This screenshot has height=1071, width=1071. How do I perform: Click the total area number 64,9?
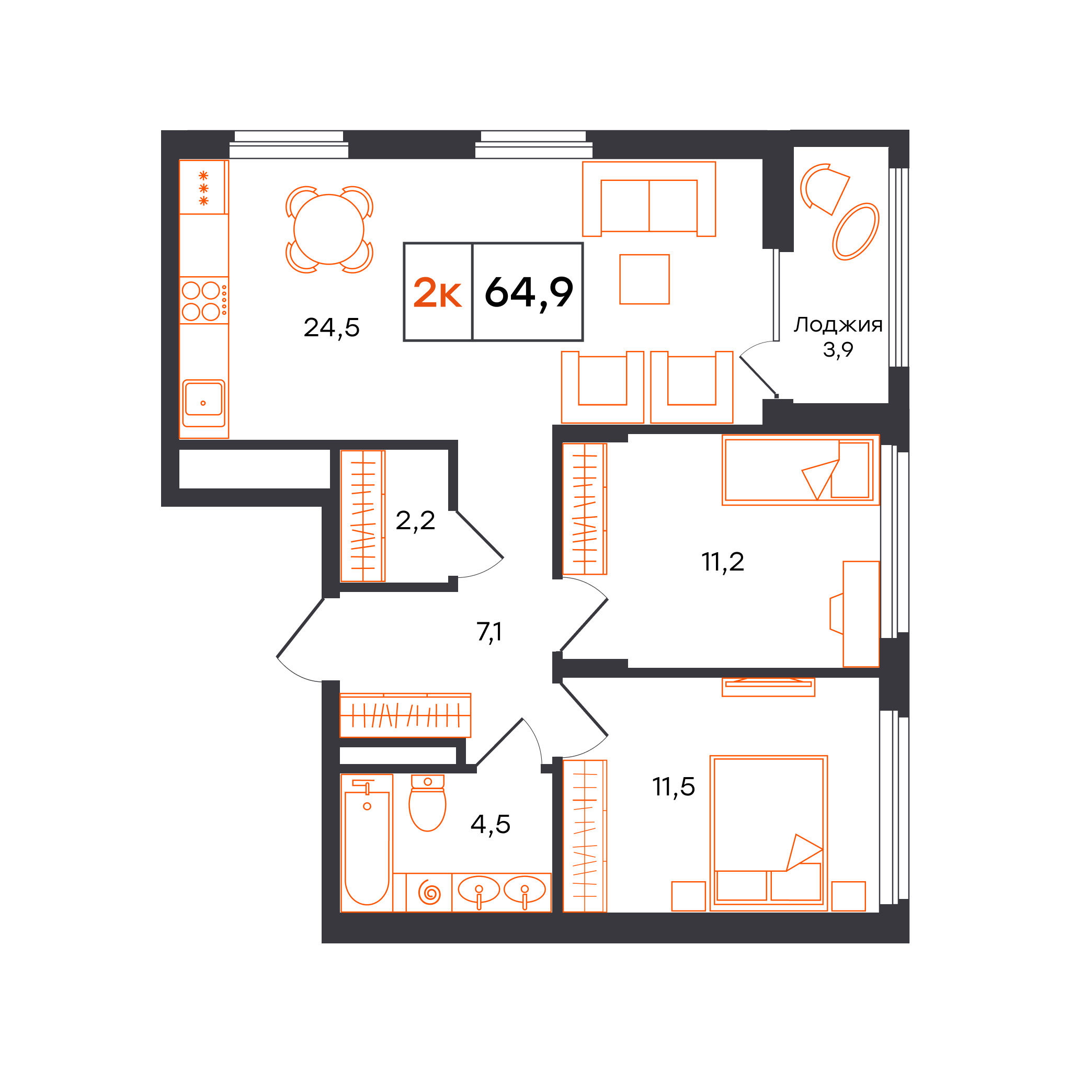pos(529,293)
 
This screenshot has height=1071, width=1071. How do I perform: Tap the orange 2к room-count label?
pos(437,293)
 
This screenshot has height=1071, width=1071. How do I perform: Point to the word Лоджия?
pos(838,325)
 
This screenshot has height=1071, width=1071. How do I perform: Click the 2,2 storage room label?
pos(415,521)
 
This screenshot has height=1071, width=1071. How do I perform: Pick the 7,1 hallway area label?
pos(489,632)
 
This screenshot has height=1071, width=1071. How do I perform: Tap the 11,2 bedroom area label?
pos(722,562)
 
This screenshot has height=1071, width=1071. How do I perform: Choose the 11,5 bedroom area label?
pos(674,787)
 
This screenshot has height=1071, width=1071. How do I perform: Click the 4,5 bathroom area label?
pos(490,824)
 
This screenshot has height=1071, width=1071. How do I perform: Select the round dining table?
pos(329,230)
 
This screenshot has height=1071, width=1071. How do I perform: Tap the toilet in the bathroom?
pos(427,802)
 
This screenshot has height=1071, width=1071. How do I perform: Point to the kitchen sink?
pos(203,403)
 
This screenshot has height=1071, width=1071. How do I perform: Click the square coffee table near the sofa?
pos(644,279)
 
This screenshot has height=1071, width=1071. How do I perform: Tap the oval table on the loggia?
pos(856,232)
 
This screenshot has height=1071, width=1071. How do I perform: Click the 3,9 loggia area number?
pos(838,350)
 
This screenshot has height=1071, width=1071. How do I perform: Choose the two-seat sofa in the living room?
pos(648,199)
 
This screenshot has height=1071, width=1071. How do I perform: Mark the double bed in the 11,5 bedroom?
pos(768,833)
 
